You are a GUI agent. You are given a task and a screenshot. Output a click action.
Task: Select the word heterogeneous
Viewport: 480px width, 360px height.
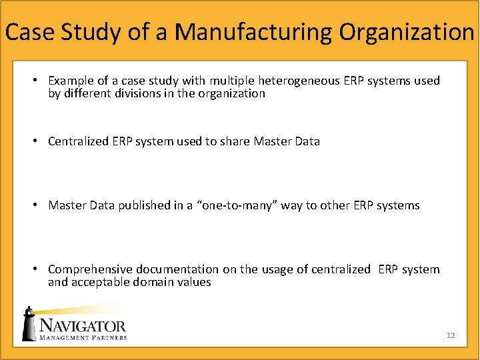click(299, 81)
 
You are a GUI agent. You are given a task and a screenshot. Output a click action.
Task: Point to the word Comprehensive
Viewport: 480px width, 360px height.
click(91, 269)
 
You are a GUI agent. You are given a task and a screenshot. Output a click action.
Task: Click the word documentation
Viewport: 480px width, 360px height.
click(177, 269)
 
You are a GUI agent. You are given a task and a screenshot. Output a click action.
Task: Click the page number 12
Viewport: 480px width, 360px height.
click(451, 335)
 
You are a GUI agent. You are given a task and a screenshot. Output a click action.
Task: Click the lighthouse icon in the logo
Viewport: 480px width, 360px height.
click(29, 325)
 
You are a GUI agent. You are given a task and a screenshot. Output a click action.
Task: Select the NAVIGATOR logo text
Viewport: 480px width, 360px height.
click(83, 326)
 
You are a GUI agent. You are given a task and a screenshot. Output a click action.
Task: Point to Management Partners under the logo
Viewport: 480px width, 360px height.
click(83, 337)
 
